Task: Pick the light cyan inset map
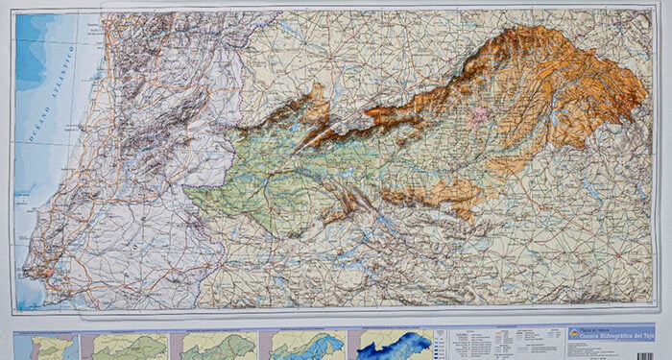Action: [x=306, y=345]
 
